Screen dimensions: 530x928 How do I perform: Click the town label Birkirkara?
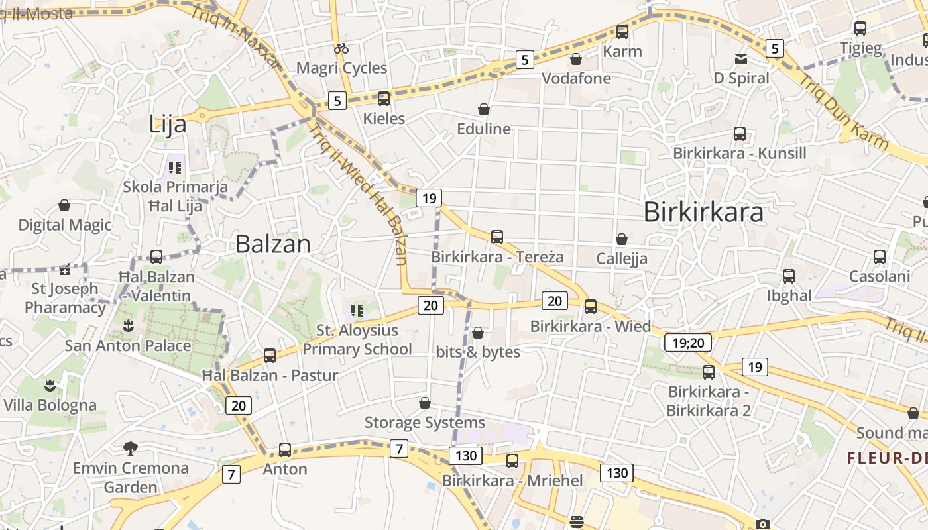[703, 212]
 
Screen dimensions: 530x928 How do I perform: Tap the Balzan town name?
[273, 244]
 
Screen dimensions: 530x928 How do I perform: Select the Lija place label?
[168, 124]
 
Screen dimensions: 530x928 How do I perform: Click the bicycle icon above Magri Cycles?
[341, 48]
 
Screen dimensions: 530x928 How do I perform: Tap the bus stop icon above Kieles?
[384, 99]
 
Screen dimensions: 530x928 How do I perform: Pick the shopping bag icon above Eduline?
[484, 109]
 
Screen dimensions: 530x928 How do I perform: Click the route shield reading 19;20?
[688, 343]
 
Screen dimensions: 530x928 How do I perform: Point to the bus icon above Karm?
[622, 31]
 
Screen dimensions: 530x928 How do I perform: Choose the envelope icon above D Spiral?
[740, 59]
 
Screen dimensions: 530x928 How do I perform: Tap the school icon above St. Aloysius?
[357, 310]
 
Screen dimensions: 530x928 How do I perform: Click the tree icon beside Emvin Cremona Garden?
[131, 449]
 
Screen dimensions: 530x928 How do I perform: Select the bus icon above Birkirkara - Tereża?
[497, 237]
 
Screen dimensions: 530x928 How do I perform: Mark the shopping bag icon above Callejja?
[622, 239]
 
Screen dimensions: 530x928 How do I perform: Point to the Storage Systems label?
[425, 423]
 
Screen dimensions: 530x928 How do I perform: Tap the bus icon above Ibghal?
[789, 276]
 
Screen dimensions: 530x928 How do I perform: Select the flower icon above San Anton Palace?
[128, 325]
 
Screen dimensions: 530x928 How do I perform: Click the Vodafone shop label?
[577, 78]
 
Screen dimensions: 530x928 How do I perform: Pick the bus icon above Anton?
[285, 449]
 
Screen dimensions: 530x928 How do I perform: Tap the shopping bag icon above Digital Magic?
[64, 205]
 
